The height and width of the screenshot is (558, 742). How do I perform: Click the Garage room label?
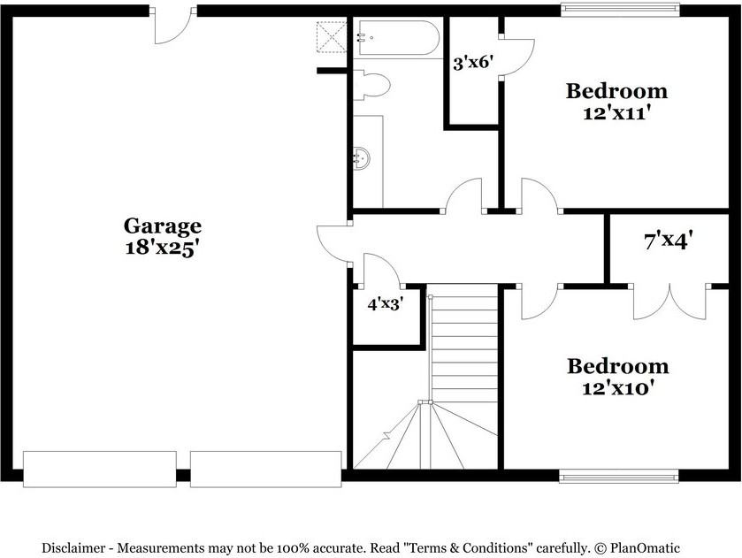(162, 225)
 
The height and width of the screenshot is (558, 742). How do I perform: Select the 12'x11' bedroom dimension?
(617, 113)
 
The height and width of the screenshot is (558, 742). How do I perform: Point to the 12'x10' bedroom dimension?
(618, 387)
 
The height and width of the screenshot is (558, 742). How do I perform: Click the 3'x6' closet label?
(472, 63)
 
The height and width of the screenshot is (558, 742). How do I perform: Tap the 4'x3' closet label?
(385, 304)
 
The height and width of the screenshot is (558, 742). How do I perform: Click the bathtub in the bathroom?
(396, 39)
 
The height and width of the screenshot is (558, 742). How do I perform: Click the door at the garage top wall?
(172, 26)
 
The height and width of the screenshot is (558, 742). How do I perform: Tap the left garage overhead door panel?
(100, 469)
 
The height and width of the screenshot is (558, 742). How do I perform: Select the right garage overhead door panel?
(266, 469)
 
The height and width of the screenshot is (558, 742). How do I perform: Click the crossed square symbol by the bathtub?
(333, 37)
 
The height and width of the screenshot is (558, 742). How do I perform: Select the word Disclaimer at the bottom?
(75, 548)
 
